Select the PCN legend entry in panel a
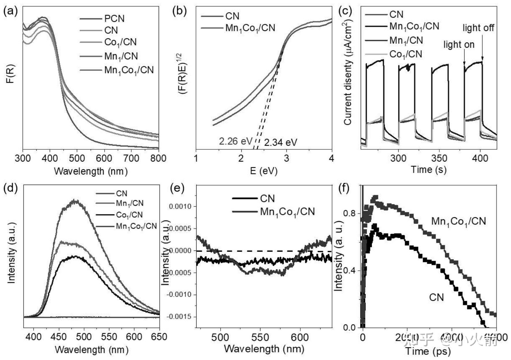click(114, 18)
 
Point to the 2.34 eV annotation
click(281, 142)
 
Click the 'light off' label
click(478, 28)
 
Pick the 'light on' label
click(459, 44)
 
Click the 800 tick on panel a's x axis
click(159, 158)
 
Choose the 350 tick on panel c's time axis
click(439, 158)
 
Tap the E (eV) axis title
click(264, 171)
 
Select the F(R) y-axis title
click(10, 74)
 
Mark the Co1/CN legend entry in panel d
click(129, 215)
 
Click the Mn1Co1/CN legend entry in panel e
click(287, 212)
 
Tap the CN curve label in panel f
click(436, 297)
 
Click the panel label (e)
click(177, 188)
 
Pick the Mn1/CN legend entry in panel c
click(406, 40)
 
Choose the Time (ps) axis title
click(428, 351)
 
